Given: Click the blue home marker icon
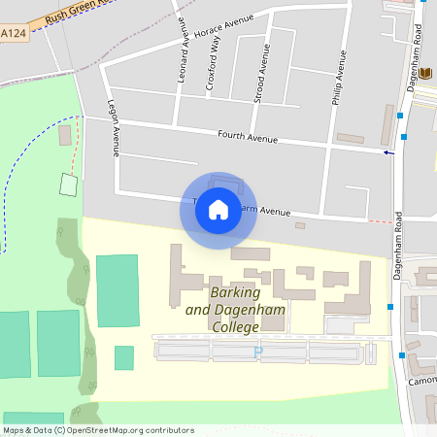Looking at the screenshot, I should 218,208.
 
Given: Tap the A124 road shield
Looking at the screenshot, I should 13,34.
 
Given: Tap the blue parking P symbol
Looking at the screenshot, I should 257,353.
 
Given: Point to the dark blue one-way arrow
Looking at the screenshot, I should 388,152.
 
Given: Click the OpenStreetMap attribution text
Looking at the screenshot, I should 97,430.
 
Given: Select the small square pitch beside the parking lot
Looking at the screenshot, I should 123,357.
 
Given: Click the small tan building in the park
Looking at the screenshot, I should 64,135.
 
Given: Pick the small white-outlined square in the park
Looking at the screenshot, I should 67,183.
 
